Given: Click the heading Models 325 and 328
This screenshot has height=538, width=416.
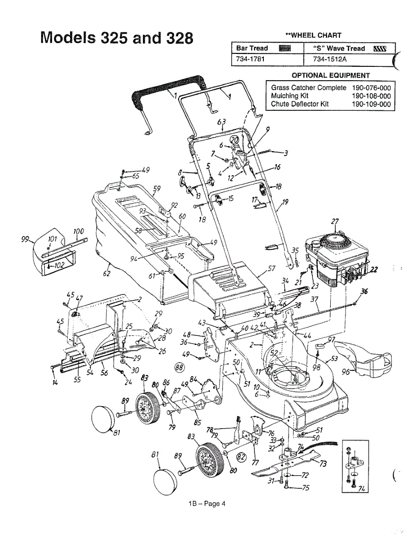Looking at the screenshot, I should [x=116, y=37].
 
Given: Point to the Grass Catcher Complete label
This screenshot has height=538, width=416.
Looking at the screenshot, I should [x=309, y=88].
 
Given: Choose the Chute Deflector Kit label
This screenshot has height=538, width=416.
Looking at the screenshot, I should [x=300, y=104].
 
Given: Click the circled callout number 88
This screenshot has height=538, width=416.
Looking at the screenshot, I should [x=180, y=367].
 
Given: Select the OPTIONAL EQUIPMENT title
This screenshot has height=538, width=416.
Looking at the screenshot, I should [x=331, y=75].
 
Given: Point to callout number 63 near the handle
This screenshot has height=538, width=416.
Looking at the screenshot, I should [x=221, y=122].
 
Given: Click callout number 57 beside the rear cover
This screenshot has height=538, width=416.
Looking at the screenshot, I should [x=271, y=269].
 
